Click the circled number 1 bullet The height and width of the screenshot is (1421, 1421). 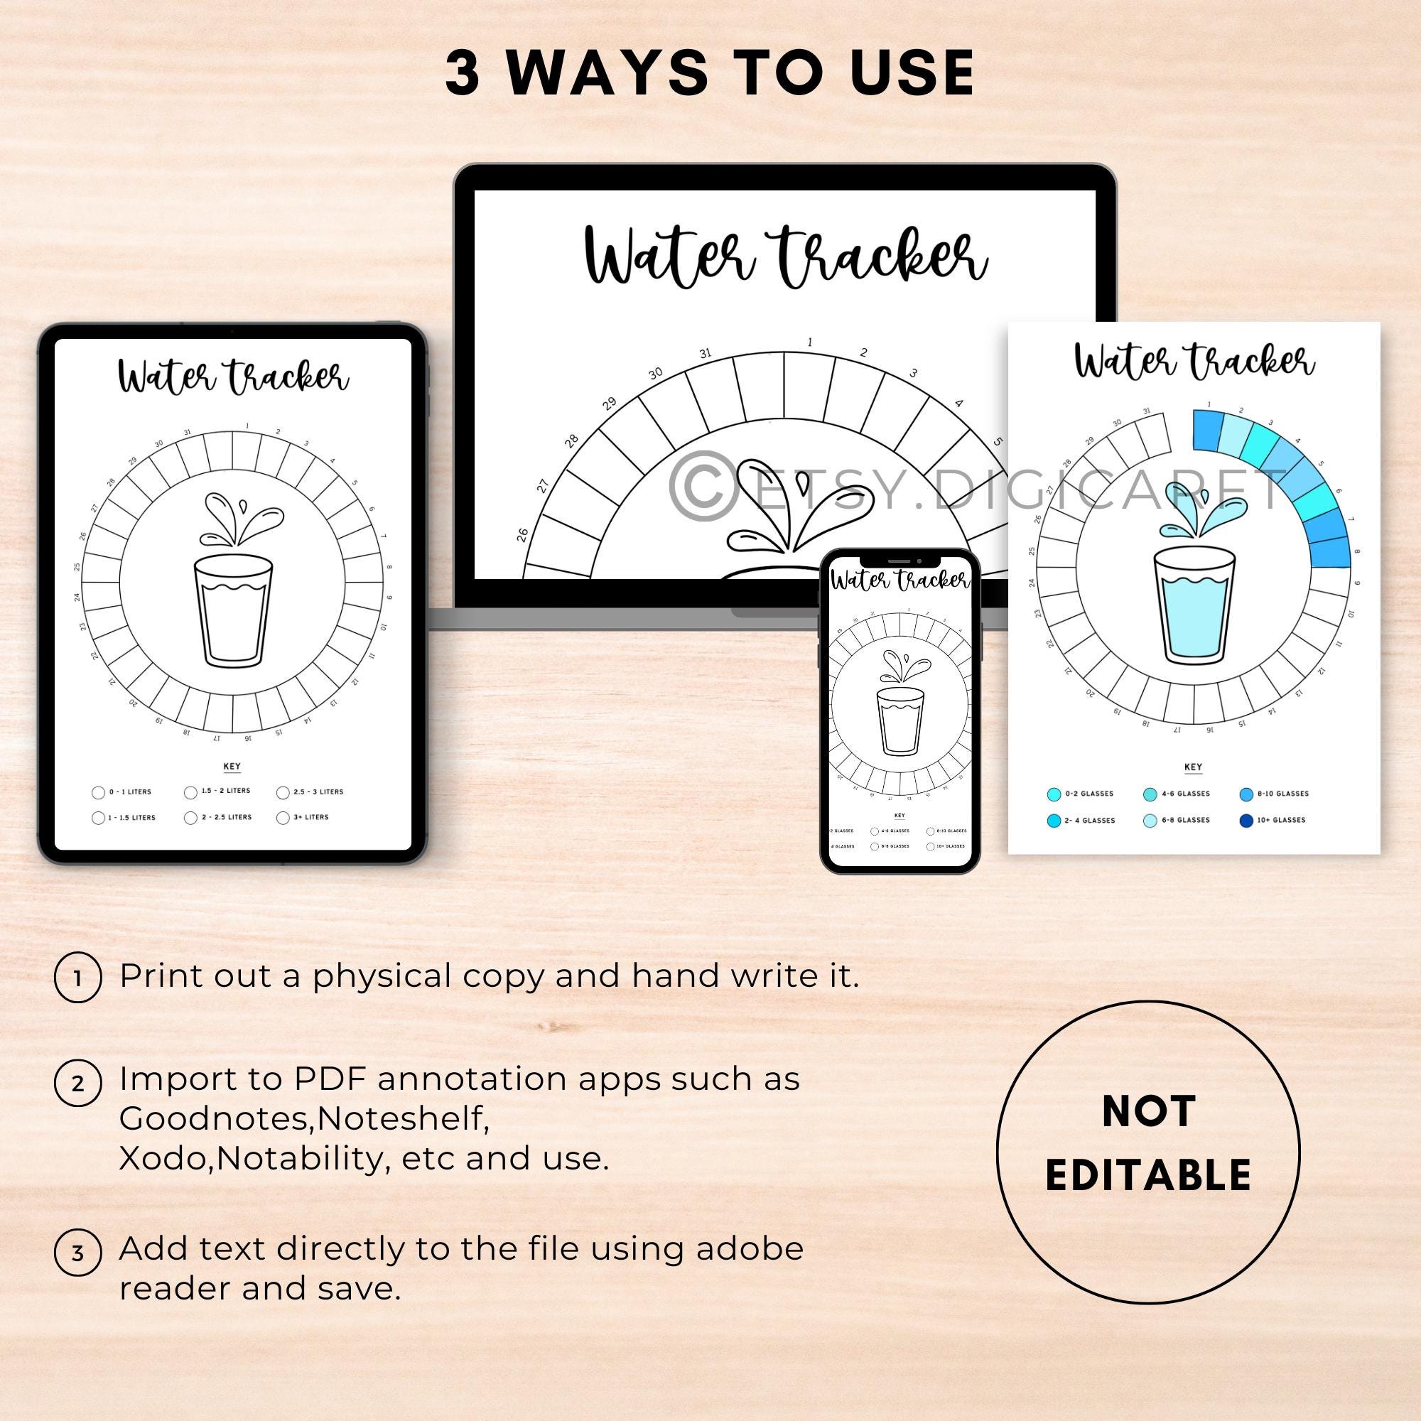click(78, 978)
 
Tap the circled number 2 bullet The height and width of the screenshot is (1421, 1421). click(78, 1083)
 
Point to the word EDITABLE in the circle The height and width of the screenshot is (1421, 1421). click(1148, 1174)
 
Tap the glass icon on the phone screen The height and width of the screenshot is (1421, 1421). click(899, 720)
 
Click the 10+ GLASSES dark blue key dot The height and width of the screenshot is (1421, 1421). click(1246, 820)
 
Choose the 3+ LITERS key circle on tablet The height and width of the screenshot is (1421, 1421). click(283, 818)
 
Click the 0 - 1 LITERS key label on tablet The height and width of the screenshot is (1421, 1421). click(130, 792)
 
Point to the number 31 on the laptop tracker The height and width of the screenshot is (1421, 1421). click(706, 353)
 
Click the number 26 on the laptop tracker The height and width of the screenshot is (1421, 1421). click(523, 534)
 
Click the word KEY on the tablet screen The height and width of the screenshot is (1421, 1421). click(232, 766)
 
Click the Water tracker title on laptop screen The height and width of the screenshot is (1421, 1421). click(785, 257)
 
